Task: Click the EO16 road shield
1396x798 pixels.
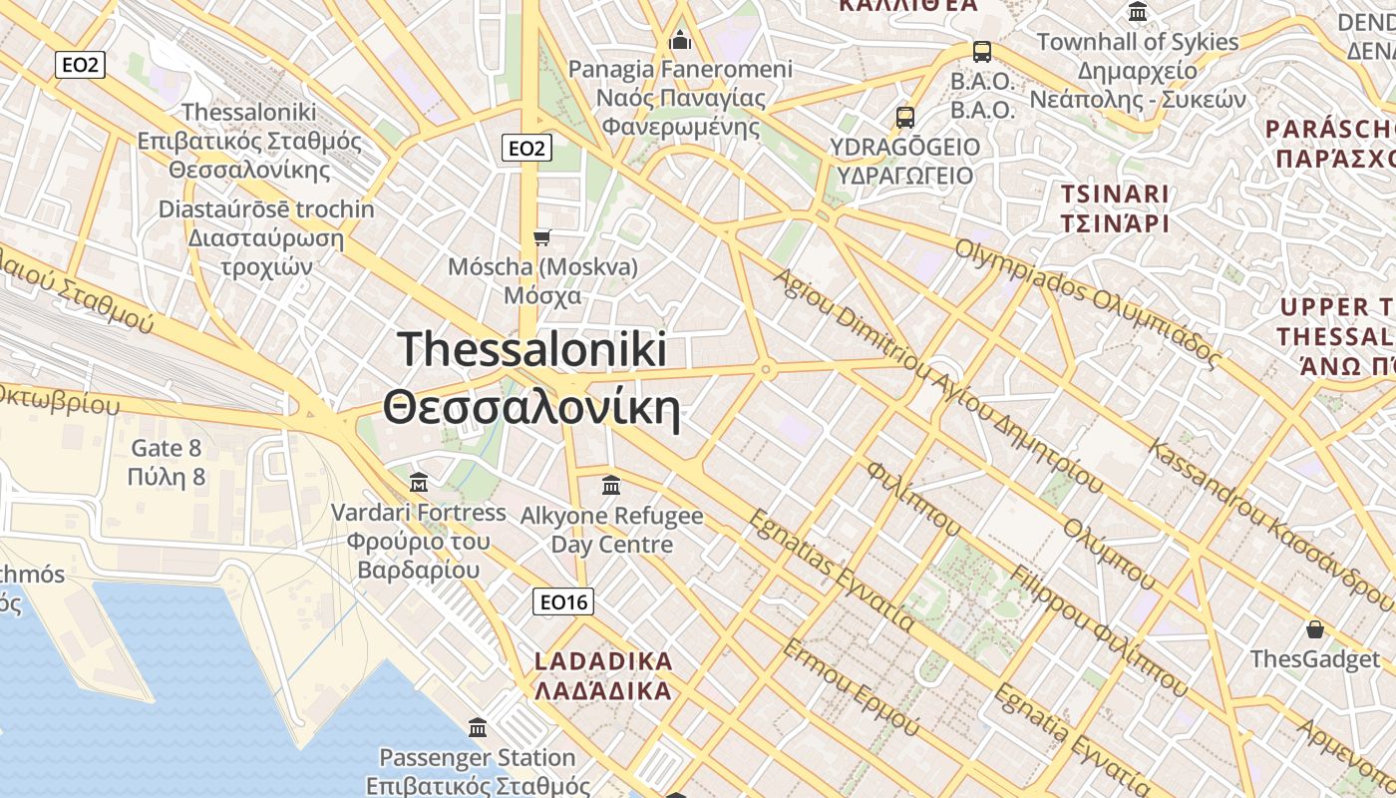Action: click(x=563, y=601)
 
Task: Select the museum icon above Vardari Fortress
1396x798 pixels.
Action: click(x=419, y=483)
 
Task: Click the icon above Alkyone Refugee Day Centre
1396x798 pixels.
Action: click(x=611, y=486)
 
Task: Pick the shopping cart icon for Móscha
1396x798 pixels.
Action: click(x=542, y=237)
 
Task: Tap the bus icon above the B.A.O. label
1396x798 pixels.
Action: click(x=982, y=52)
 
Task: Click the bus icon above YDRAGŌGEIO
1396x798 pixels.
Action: click(x=905, y=117)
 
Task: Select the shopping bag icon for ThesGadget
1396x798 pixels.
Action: click(x=1315, y=629)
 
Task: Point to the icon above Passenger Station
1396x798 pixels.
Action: click(x=478, y=727)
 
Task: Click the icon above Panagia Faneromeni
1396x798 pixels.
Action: click(x=681, y=40)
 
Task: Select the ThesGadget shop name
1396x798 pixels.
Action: click(x=1315, y=659)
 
